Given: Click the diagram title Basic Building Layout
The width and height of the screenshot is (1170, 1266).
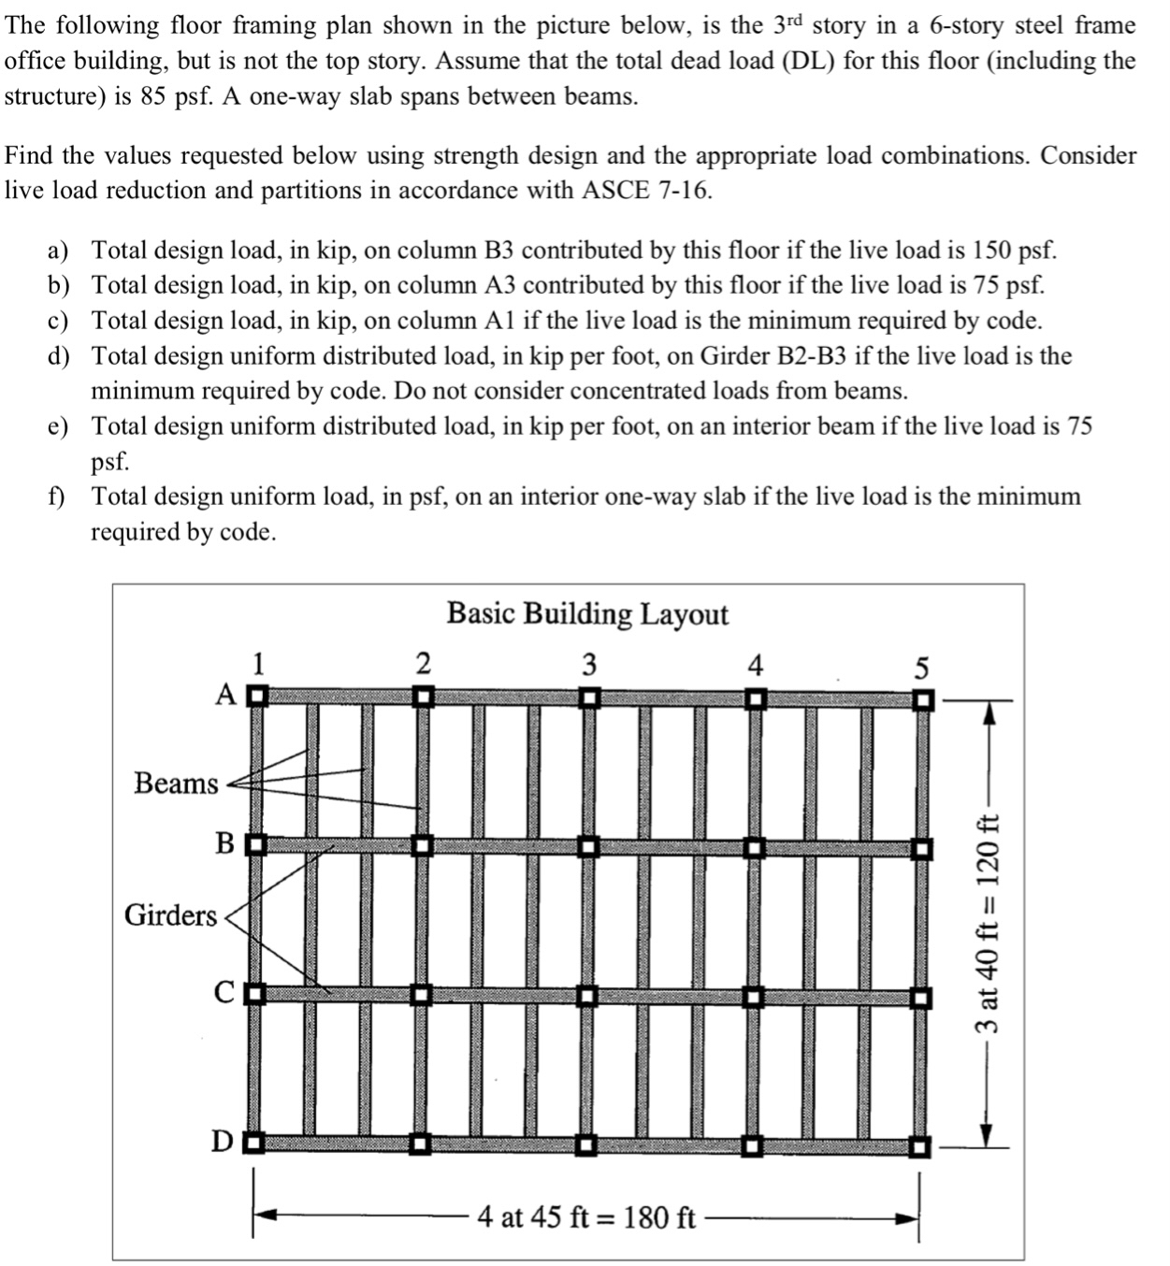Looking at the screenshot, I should tap(587, 614).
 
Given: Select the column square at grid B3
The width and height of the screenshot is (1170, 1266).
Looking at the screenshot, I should tap(587, 846).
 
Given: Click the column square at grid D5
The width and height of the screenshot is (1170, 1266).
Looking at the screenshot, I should tap(922, 1144).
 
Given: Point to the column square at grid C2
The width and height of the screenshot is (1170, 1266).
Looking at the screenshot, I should tap(423, 994).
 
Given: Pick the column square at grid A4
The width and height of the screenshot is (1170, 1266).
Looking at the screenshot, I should tap(756, 698).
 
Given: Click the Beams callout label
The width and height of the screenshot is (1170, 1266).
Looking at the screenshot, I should tap(175, 783).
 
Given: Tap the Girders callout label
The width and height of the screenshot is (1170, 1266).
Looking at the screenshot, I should tap(170, 914).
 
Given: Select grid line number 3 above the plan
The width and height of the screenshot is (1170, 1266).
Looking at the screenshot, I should tap(588, 665).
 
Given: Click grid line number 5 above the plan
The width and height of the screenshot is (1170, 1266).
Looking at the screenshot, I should tap(921, 668).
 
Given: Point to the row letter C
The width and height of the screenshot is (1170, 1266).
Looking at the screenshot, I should tap(224, 992).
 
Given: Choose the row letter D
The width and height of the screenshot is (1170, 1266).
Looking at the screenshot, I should tap(223, 1142).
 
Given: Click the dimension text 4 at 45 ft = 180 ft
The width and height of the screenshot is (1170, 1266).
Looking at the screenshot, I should tap(586, 1217).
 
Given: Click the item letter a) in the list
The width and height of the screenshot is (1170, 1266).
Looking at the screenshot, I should tap(58, 251).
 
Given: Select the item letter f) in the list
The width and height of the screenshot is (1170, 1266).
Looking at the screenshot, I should tap(57, 496).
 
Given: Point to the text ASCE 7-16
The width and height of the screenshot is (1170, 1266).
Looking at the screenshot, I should tap(647, 191).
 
